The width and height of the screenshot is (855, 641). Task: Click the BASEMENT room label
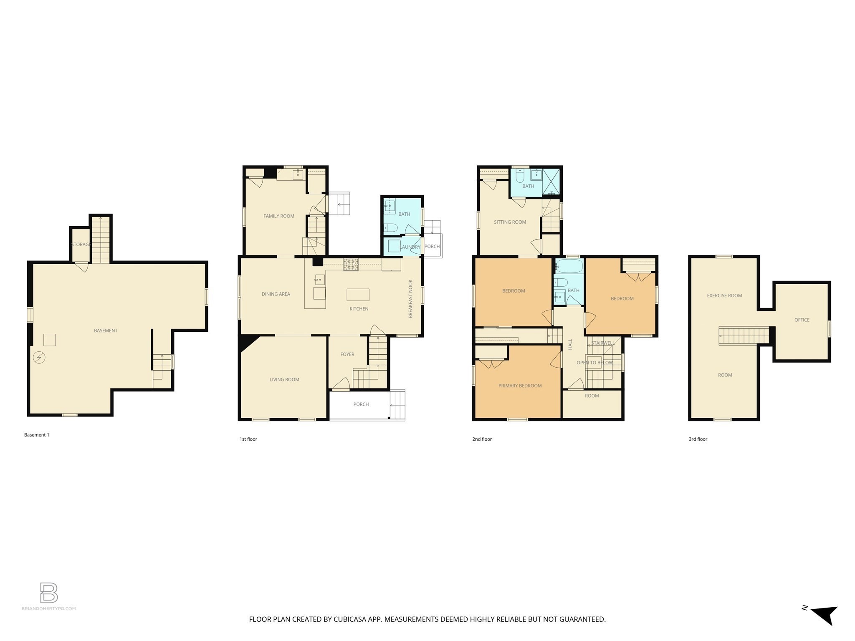(x=106, y=331)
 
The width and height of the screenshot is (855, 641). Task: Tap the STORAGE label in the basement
(x=81, y=245)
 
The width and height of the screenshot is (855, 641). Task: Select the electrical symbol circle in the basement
(x=39, y=358)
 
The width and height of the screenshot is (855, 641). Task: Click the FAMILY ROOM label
(x=278, y=216)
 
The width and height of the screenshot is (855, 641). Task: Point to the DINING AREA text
(x=276, y=294)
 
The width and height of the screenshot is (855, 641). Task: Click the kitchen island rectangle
(x=358, y=295)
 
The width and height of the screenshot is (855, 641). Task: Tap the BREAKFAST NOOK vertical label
(x=410, y=299)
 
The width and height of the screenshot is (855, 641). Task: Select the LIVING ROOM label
(x=284, y=380)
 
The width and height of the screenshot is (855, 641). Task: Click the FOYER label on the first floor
(x=347, y=354)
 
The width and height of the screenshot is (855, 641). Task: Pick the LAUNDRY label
(x=410, y=247)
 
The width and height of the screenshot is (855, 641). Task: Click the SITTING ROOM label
(x=510, y=222)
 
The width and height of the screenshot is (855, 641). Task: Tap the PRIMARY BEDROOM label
(x=520, y=386)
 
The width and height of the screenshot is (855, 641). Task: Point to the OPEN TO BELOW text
(x=594, y=363)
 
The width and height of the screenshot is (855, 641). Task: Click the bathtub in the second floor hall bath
(x=569, y=266)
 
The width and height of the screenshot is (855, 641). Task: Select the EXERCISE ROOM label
(x=724, y=295)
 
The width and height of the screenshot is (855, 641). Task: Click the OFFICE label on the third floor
(x=802, y=320)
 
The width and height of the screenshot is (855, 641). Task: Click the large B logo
(x=49, y=593)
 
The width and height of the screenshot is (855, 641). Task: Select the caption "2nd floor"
(x=482, y=439)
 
